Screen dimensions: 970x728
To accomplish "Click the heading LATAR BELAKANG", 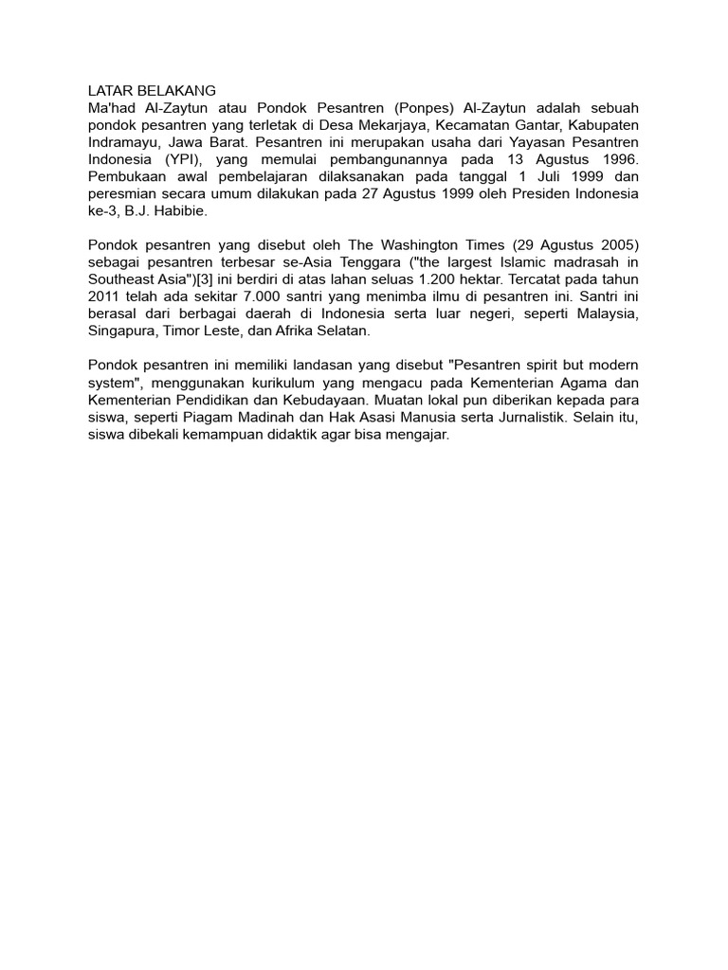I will [x=152, y=91].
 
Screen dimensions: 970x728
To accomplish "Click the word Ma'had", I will [x=111, y=108].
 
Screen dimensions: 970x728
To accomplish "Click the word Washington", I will [x=420, y=245].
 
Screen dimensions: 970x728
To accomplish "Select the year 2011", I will [x=105, y=296].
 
